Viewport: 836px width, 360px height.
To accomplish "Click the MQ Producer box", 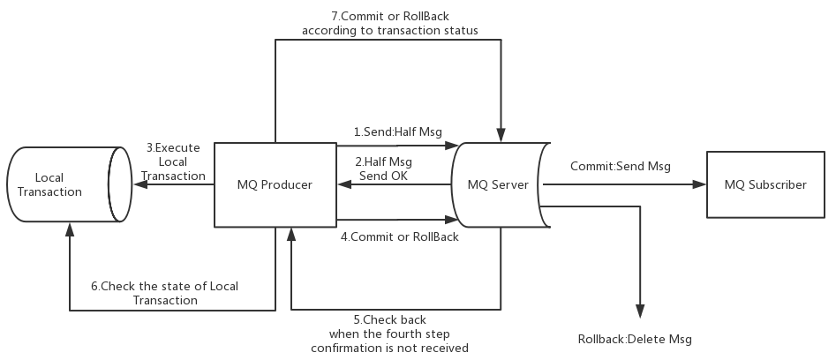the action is (275, 184).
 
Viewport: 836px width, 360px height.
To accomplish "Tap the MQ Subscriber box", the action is (765, 184).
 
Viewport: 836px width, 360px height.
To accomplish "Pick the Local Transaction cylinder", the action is (70, 184).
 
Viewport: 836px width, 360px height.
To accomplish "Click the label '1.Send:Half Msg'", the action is (398, 131).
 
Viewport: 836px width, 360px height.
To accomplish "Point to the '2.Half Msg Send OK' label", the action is (383, 169).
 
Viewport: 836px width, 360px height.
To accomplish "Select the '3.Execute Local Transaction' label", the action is (173, 161).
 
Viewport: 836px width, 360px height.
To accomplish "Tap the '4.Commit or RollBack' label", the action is (399, 236).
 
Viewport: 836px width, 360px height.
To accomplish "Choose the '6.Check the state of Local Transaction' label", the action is (165, 293).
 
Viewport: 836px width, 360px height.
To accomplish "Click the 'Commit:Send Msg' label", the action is (621, 166).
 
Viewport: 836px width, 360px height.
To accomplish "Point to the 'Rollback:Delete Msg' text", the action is (635, 339).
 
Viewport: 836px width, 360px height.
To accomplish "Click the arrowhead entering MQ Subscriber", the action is (699, 184).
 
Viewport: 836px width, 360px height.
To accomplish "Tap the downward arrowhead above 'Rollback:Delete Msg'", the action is (640, 311).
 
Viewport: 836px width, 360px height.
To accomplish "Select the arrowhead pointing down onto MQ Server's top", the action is (501, 135).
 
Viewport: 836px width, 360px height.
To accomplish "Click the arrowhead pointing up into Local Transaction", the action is (70, 229).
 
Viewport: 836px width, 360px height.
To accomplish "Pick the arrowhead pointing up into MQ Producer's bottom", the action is (291, 235).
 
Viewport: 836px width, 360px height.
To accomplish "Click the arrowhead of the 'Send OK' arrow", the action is (344, 184).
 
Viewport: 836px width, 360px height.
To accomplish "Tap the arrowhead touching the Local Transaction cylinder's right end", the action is (140, 184).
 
